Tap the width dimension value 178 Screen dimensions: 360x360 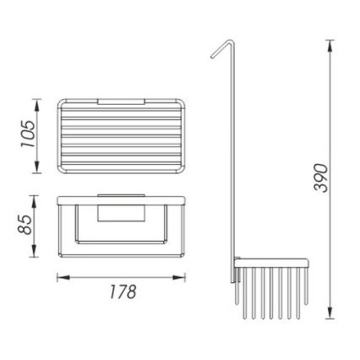pyautogui.click(x=124, y=293)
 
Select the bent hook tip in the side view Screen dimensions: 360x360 pyautogui.click(x=213, y=56)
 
